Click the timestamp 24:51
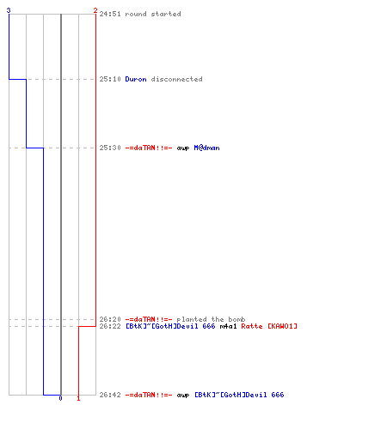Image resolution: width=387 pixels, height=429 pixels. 110,14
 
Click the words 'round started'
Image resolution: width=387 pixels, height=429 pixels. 153,14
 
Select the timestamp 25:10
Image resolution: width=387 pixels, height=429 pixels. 110,79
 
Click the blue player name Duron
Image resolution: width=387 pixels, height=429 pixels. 136,79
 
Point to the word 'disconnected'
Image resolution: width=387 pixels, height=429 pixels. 176,79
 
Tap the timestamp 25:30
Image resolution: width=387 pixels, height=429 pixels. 110,148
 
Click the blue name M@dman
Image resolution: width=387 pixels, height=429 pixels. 206,148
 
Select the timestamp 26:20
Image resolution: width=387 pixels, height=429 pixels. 110,319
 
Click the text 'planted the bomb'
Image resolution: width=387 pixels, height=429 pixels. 211,319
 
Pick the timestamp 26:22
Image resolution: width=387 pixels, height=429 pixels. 110,326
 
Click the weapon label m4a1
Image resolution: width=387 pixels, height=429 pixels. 228,326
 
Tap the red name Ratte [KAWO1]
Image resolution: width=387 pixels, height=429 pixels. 269,326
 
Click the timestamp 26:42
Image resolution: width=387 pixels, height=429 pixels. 110,395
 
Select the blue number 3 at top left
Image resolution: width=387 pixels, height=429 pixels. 9,10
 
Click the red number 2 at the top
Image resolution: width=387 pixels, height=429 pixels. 95,10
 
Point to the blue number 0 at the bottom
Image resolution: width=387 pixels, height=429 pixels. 60,398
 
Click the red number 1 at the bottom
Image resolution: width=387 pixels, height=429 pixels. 78,398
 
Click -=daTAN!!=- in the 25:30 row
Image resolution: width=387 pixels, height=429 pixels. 149,148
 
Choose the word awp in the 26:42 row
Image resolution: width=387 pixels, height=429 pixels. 183,395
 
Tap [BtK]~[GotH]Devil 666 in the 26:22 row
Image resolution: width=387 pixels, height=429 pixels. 170,326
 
